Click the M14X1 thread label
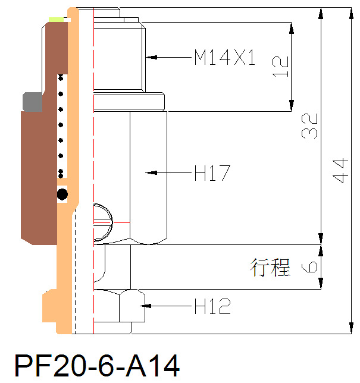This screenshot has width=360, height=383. [x=225, y=58]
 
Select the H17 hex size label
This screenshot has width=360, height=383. [x=212, y=174]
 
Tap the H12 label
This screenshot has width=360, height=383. [x=212, y=307]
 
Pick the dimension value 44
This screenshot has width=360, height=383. [x=339, y=171]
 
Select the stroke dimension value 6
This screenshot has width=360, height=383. [x=310, y=267]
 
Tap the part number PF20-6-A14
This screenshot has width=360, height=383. [x=96, y=365]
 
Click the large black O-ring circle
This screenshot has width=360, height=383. [x=62, y=194]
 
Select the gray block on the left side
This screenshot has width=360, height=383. [x=32, y=102]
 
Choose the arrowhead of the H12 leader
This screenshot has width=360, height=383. [x=145, y=306]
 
